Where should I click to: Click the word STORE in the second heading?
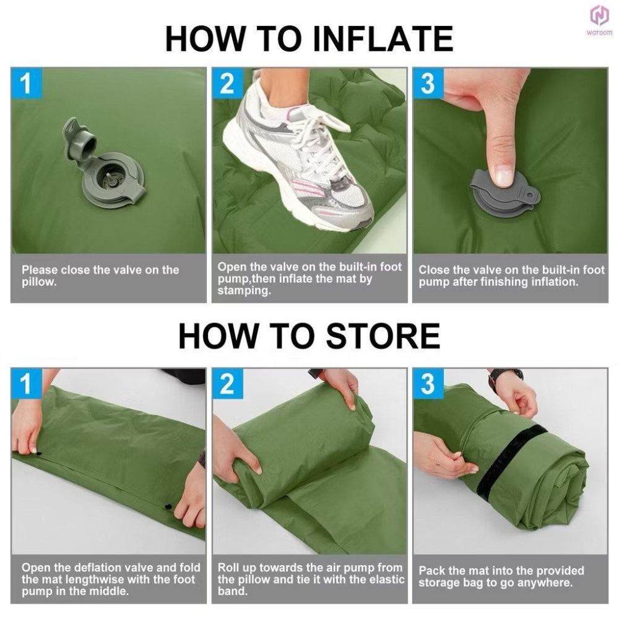pyautogui.click(x=383, y=335)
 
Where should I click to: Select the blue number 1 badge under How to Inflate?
pyautogui.click(x=26, y=83)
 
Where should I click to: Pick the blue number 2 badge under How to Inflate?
pyautogui.click(x=227, y=83)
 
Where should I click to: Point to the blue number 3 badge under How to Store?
pyautogui.click(x=428, y=384)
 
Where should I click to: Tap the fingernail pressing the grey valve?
pyautogui.click(x=504, y=176)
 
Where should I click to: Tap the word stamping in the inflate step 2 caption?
pyautogui.click(x=244, y=291)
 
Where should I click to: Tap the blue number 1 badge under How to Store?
pyautogui.click(x=26, y=384)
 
